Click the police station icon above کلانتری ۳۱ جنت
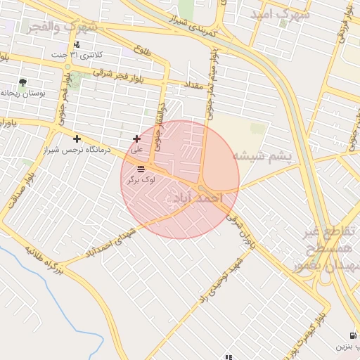pos(77,45)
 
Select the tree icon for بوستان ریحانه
pos(22,82)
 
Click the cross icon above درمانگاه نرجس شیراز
pos(77,139)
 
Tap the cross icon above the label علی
pos(136,139)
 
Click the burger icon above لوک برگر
pos(141,169)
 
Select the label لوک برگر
pos(141,180)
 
